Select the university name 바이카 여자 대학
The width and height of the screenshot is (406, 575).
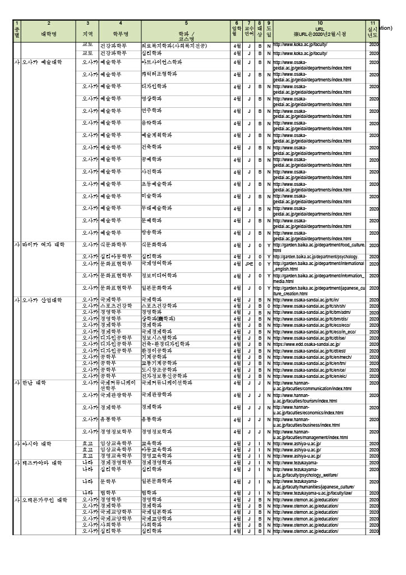pos(44,245)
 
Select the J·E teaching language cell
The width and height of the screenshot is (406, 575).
pos(249,263)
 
